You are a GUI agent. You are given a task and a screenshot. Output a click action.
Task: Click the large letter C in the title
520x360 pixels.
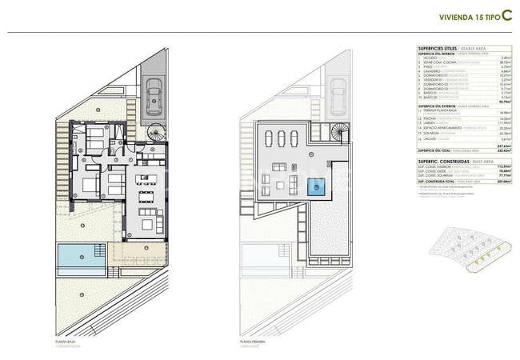click(506, 14)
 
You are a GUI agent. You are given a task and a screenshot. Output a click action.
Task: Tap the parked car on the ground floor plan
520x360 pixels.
click(154, 97)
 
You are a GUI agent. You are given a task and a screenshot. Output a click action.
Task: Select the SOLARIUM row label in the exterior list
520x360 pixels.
click(434, 133)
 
